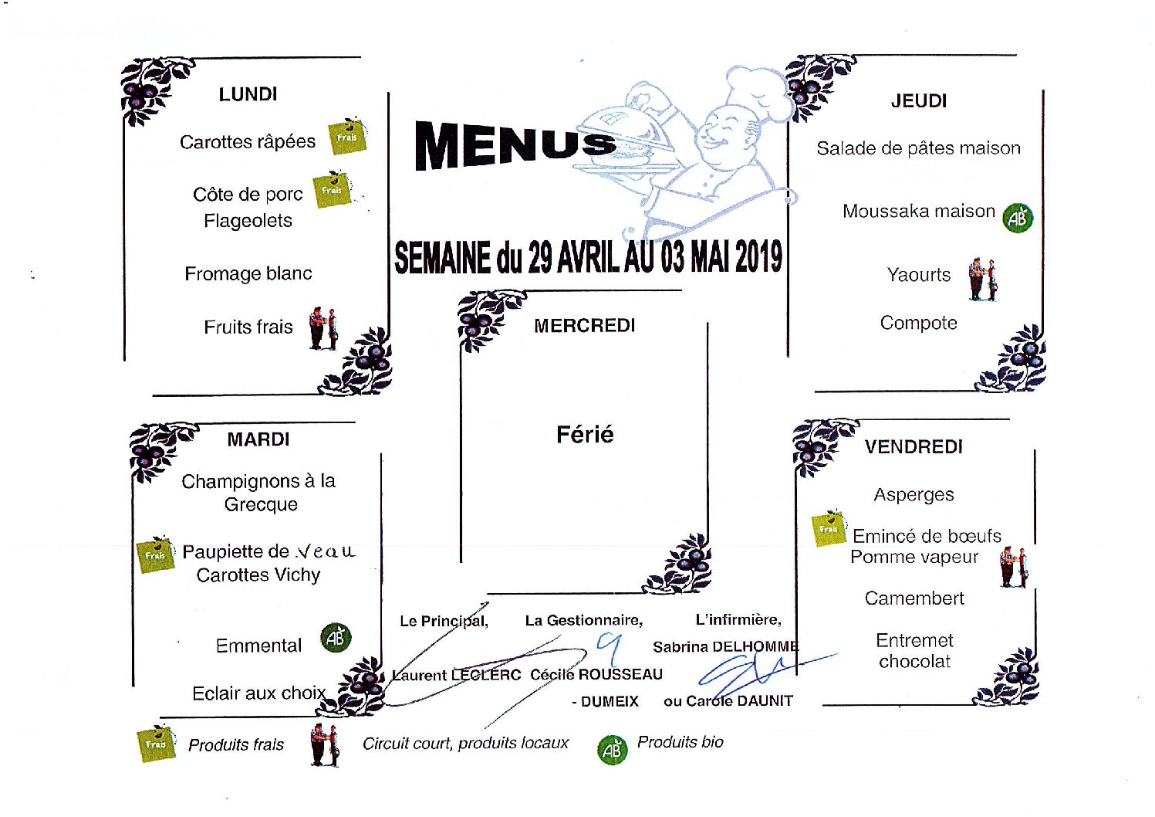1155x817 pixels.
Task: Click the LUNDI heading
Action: click(248, 94)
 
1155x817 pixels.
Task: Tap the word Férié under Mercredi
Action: click(585, 435)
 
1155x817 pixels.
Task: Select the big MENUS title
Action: click(515, 145)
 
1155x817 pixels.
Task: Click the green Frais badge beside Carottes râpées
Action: click(347, 136)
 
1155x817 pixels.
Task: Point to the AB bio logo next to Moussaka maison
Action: click(1018, 218)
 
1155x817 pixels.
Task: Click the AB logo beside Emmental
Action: click(336, 638)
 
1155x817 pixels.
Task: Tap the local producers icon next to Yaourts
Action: click(983, 280)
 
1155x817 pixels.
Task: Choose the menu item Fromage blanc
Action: click(248, 273)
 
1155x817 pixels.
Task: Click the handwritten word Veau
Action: click(326, 551)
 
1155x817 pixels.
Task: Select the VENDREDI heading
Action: click(914, 447)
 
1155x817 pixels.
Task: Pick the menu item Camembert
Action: click(914, 598)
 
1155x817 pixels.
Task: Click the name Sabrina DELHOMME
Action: click(725, 646)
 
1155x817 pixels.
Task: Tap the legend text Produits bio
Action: click(680, 742)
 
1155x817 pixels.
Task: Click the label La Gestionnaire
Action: click(584, 620)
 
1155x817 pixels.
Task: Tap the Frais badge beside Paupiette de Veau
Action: click(155, 554)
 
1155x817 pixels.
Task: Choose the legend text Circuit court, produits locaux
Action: click(465, 744)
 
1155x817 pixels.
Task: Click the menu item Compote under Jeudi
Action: click(918, 323)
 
